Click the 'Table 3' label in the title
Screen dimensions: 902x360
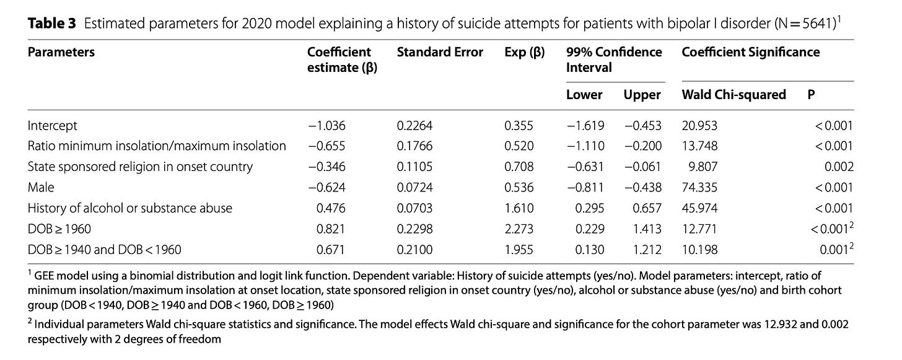click(51, 24)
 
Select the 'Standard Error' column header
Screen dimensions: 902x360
click(440, 52)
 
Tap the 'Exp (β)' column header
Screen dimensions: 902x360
click(524, 52)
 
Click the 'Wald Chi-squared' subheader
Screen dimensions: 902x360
click(733, 95)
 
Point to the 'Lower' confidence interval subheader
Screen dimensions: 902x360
click(584, 95)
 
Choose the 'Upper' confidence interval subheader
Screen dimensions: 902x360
click(642, 95)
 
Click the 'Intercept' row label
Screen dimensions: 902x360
click(52, 126)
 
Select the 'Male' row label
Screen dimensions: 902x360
click(41, 187)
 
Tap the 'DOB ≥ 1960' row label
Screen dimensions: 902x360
click(59, 229)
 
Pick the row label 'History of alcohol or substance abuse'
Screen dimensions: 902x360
click(129, 208)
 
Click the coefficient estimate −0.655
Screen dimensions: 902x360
click(326, 146)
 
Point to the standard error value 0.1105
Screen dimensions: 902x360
click(414, 167)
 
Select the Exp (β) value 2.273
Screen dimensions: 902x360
click(519, 229)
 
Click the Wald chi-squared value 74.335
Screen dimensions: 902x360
click(699, 187)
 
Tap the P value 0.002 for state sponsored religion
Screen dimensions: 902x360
click(839, 167)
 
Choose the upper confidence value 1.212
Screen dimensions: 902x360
click(647, 250)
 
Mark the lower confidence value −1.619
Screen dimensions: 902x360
click(585, 126)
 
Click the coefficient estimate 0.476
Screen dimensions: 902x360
click(331, 208)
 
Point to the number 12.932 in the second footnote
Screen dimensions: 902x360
click(779, 325)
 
